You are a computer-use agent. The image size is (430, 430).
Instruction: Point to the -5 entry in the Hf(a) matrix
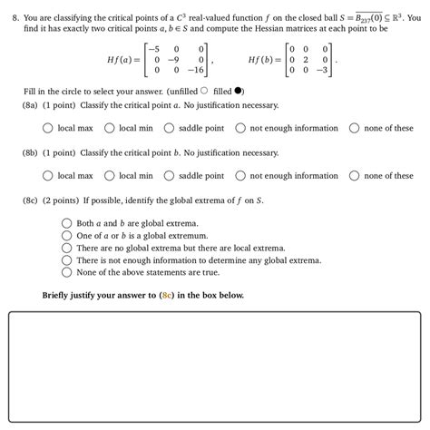click(x=151, y=47)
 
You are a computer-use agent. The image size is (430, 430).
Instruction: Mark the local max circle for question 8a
click(x=47, y=129)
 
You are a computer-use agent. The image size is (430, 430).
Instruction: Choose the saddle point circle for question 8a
click(x=169, y=129)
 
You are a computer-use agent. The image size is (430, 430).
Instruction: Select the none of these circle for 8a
click(x=354, y=129)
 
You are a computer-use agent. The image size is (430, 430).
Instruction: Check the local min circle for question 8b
click(x=109, y=176)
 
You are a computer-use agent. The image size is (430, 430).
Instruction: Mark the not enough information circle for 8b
click(x=240, y=176)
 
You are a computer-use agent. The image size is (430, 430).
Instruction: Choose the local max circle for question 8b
click(x=47, y=176)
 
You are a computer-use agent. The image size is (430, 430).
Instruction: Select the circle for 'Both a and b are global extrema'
click(x=66, y=222)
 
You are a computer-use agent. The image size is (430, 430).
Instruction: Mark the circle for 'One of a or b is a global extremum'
click(x=66, y=235)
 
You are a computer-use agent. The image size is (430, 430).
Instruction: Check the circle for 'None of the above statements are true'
click(x=66, y=271)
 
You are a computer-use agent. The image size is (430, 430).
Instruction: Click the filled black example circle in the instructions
click(x=239, y=90)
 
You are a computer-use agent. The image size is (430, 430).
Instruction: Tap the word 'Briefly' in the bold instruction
click(x=59, y=295)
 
